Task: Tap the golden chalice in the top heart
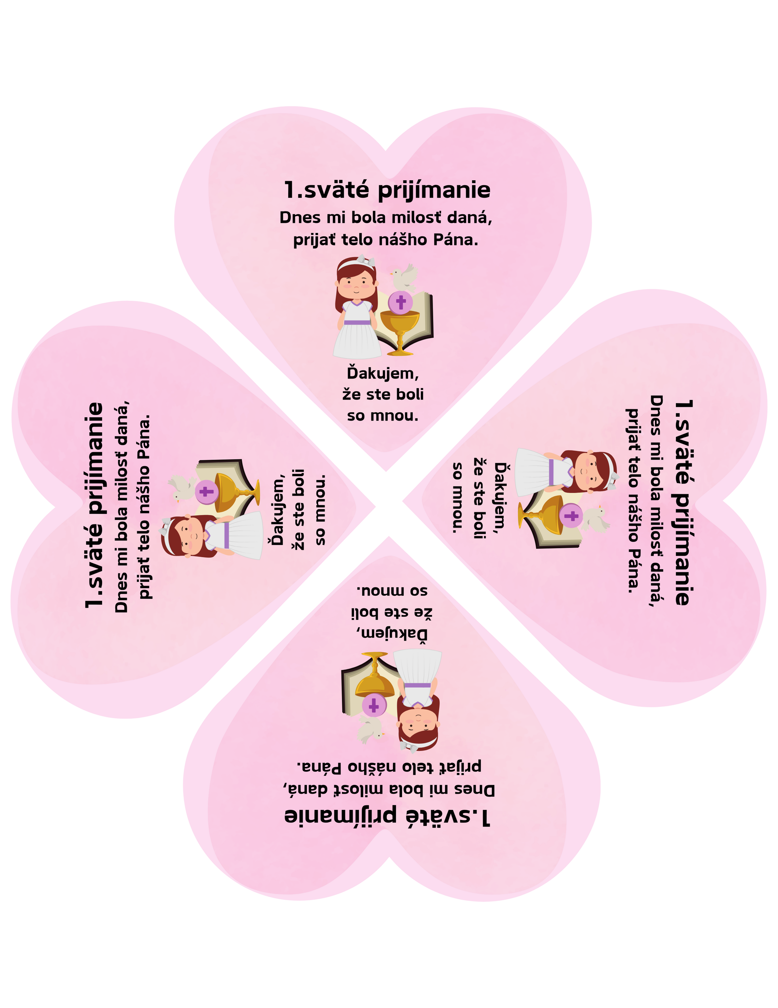(399, 330)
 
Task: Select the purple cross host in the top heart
(400, 302)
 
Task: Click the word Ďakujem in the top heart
(383, 373)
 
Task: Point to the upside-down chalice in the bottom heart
(375, 677)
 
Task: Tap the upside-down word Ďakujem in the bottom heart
(392, 635)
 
